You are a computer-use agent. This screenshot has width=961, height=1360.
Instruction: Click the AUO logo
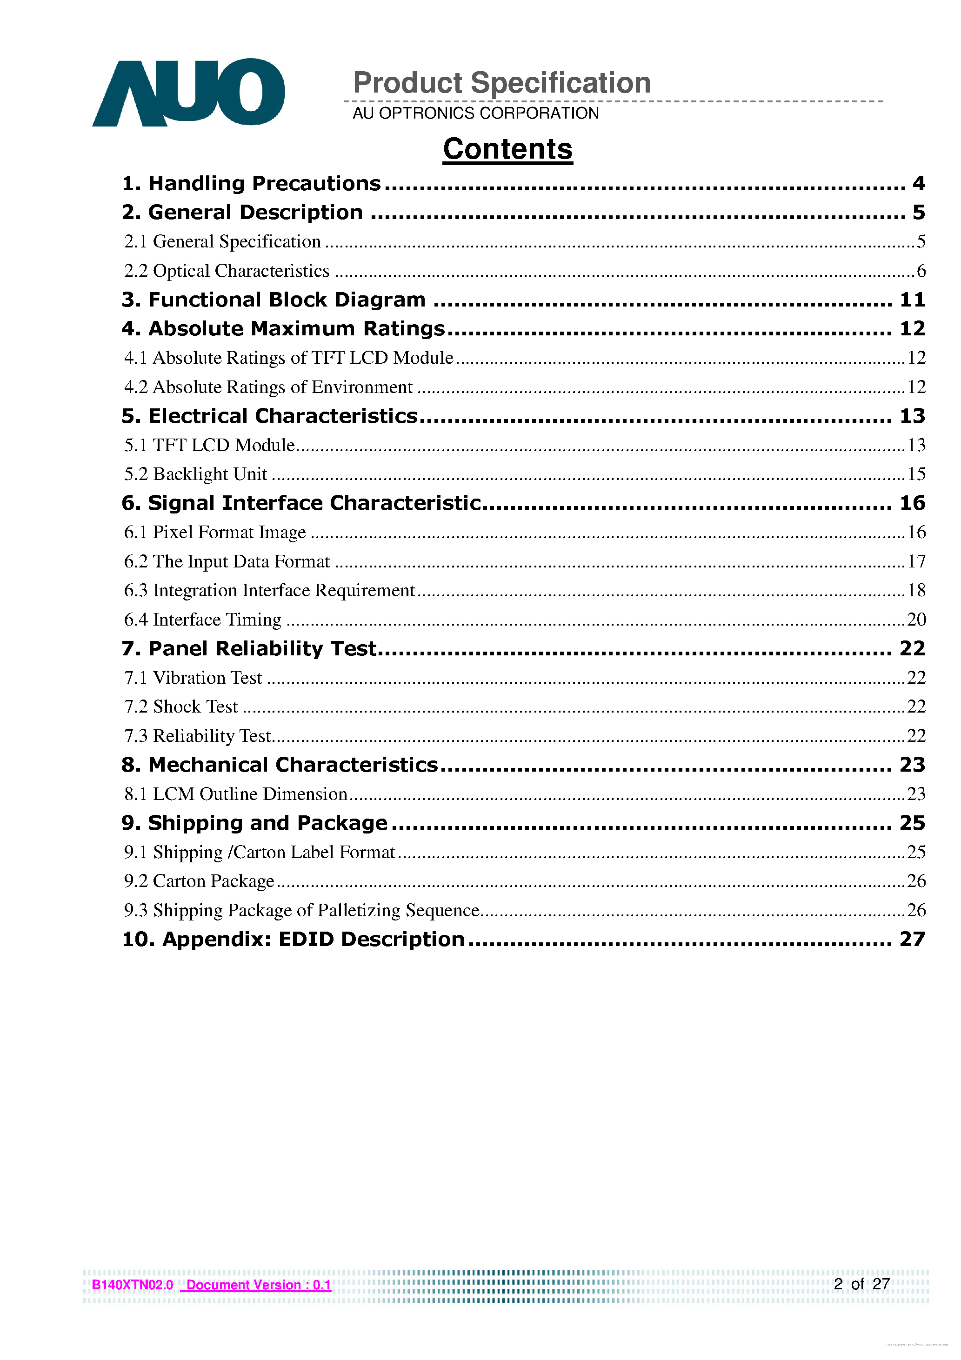(x=188, y=93)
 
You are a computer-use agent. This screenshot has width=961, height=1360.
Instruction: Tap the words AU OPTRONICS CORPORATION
(x=475, y=113)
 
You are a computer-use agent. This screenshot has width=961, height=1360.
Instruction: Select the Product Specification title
(x=502, y=82)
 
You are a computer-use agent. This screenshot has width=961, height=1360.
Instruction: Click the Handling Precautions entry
(x=252, y=184)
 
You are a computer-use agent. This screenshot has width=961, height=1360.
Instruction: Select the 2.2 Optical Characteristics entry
(x=227, y=271)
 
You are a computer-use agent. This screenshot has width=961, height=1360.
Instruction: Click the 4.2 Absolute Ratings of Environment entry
(x=268, y=387)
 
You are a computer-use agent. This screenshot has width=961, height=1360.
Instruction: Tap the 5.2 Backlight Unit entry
(x=195, y=474)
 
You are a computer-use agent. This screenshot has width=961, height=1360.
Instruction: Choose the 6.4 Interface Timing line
(x=203, y=620)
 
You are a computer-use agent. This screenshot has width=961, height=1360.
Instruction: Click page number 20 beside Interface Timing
(x=916, y=620)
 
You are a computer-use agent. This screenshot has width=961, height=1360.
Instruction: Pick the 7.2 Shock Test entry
(x=180, y=707)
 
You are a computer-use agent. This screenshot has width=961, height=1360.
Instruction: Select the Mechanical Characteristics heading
(x=280, y=765)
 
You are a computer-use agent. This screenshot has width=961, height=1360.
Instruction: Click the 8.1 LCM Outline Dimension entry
(x=235, y=794)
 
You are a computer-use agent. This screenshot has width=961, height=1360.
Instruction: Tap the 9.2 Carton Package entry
(x=199, y=881)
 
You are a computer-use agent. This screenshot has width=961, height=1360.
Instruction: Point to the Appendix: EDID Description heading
(x=293, y=940)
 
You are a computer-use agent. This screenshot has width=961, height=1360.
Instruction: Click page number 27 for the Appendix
(x=912, y=940)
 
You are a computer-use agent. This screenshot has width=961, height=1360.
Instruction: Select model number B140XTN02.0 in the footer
(x=132, y=1285)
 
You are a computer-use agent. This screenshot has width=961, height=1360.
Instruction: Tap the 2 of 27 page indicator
(x=861, y=1284)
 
